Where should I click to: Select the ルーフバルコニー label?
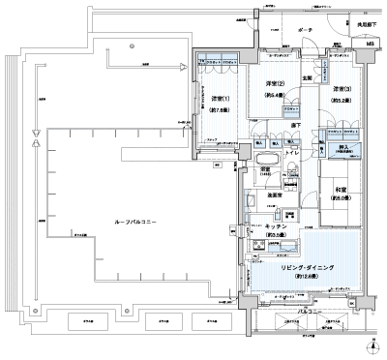point(123,222)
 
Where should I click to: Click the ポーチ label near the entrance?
point(305,31)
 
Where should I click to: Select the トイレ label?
point(293,153)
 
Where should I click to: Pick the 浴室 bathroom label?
point(263,169)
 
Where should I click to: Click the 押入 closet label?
point(342,148)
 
